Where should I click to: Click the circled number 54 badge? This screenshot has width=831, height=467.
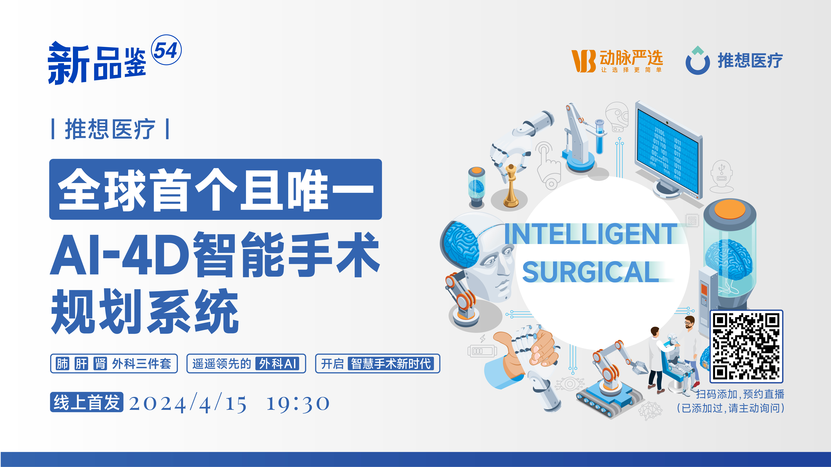click(166, 50)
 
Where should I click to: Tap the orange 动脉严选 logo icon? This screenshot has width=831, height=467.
click(583, 61)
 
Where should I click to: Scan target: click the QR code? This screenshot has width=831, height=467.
click(746, 346)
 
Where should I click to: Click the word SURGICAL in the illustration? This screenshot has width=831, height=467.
click(590, 272)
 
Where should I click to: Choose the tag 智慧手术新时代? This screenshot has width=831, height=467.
click(391, 364)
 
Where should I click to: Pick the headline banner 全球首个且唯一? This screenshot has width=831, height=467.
click(215, 189)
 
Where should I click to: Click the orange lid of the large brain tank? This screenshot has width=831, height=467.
click(730, 210)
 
